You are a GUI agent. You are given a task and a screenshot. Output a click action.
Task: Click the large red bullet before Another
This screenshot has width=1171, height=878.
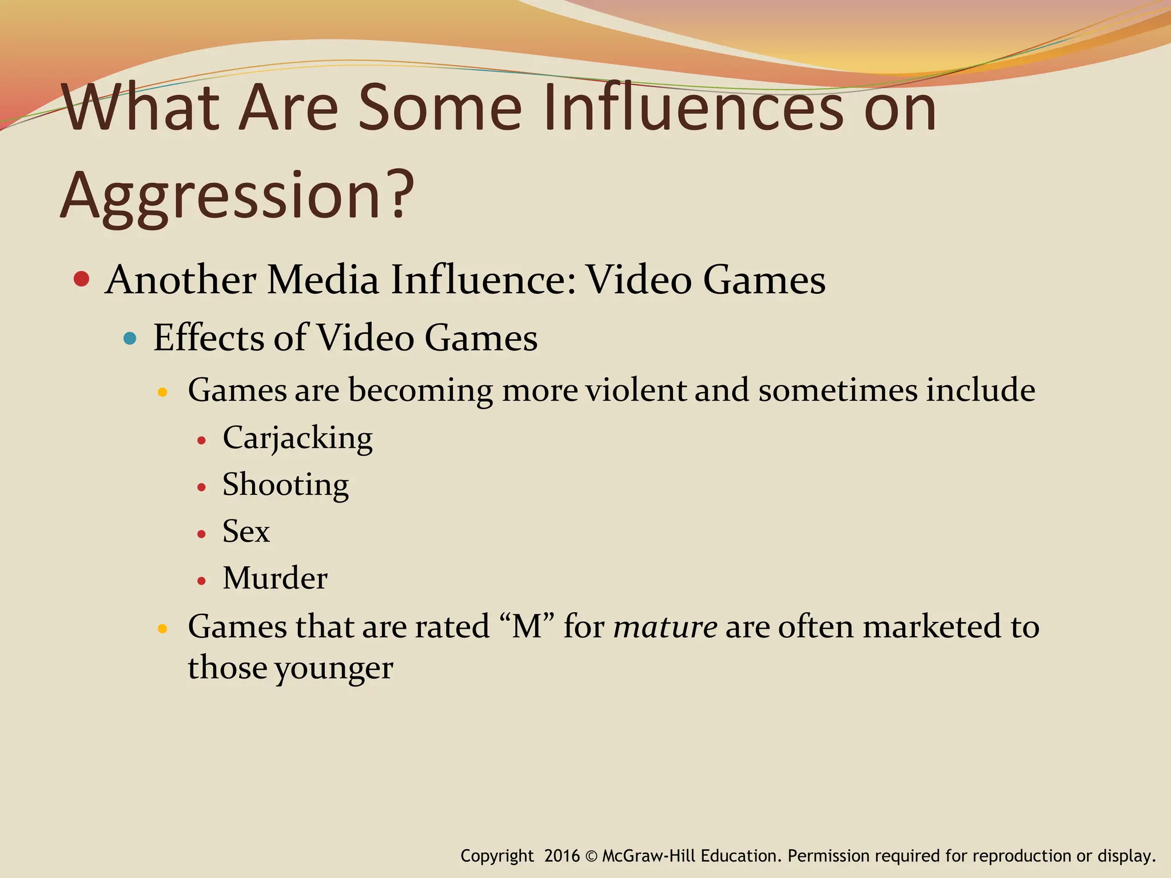pos(82,279)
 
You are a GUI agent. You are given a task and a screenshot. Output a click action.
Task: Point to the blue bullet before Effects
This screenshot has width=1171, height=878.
pos(130,338)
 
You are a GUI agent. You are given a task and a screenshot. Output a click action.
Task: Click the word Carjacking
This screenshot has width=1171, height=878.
pos(297,438)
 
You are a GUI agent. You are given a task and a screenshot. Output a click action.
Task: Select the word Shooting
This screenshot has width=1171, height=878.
pos(285,485)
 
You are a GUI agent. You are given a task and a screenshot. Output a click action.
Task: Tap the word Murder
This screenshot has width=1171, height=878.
pos(275,578)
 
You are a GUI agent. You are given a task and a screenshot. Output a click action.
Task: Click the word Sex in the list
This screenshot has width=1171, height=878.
pos(246,532)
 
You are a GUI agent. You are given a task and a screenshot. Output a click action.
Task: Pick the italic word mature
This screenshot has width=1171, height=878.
pos(665,626)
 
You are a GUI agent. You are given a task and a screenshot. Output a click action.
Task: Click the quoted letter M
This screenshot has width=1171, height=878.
pos(527,626)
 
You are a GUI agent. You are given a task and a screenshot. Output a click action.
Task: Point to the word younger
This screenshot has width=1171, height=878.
pos(334,668)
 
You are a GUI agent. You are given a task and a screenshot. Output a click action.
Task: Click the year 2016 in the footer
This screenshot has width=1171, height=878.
pos(562,856)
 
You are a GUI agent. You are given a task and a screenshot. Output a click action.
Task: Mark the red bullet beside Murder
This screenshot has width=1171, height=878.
pos(201,581)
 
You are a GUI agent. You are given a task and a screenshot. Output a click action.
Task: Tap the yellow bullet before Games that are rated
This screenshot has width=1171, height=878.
pos(162,629)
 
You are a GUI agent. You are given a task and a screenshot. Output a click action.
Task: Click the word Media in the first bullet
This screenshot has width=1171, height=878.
pos(323,280)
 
